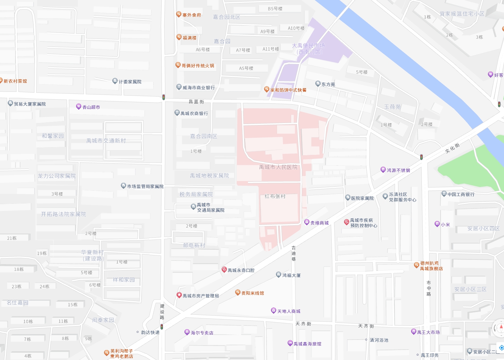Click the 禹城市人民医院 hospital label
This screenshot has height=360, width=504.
point(278,167)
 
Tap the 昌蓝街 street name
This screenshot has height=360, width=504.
point(196,102)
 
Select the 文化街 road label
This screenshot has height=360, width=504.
point(452,148)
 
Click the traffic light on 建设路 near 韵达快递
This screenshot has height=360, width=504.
point(162,326)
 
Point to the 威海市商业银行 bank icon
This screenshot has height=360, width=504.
point(179,87)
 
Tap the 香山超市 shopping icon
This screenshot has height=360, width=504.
point(78,107)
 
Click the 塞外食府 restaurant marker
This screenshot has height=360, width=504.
point(179,14)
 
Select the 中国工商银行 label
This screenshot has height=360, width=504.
point(461,194)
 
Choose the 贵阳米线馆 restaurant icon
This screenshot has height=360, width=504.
point(238,293)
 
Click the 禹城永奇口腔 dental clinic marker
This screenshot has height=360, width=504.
point(224,269)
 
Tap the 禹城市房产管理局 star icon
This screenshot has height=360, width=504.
point(179,295)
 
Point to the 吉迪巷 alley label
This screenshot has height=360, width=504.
point(293,253)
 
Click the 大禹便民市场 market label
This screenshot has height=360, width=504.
point(309,49)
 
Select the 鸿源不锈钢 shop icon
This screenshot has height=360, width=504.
point(383,170)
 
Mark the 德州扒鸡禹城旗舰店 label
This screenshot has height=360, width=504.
point(431,266)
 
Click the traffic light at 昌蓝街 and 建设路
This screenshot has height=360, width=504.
point(163,97)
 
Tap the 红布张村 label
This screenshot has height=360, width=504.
point(275,196)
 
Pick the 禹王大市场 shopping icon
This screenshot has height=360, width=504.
point(413,332)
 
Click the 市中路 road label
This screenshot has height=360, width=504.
point(429,288)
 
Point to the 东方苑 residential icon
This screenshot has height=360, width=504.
point(318,84)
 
